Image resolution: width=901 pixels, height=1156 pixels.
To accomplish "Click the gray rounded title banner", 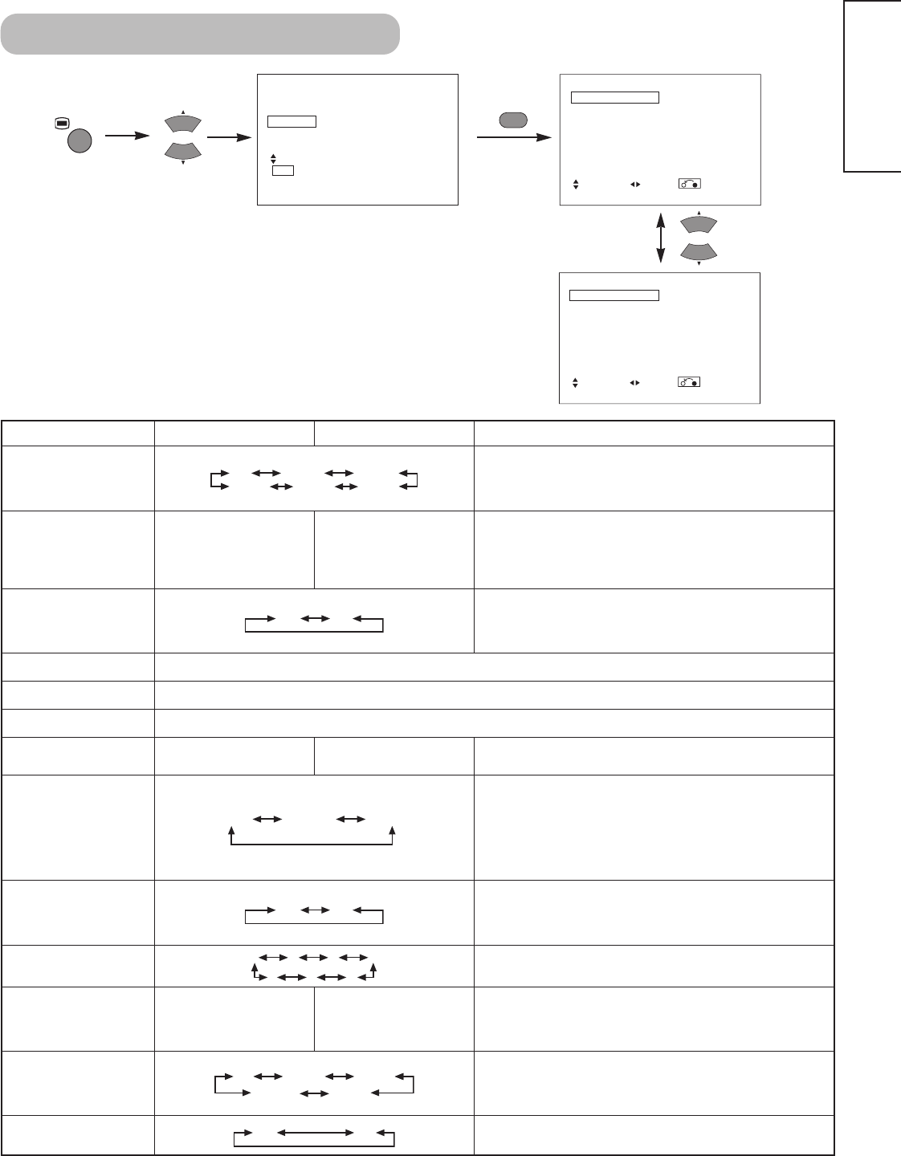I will click(x=201, y=34).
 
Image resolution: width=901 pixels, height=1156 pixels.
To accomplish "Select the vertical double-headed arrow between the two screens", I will click(x=660, y=238).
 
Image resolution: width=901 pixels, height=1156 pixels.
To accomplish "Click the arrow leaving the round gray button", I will click(x=128, y=136).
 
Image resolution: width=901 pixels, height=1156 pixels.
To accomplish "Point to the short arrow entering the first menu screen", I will click(x=229, y=136).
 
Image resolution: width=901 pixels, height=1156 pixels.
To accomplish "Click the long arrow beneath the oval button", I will click(x=514, y=137).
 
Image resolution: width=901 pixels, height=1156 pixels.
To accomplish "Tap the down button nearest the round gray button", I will click(x=184, y=150).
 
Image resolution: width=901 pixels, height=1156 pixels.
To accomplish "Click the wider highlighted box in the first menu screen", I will click(x=292, y=121).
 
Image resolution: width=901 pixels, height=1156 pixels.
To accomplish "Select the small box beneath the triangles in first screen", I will click(x=283, y=169).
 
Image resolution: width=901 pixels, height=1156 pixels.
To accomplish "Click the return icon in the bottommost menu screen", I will click(x=689, y=382).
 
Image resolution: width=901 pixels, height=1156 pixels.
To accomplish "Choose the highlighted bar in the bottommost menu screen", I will click(x=614, y=295).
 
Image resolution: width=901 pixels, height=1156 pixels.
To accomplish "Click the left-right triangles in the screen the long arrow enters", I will click(x=634, y=184).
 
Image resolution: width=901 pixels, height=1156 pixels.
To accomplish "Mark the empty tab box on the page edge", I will click(x=872, y=86).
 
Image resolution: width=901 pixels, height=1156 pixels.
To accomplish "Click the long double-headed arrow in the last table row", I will click(x=315, y=1133).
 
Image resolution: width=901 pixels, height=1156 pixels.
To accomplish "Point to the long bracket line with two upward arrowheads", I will click(x=312, y=837).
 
